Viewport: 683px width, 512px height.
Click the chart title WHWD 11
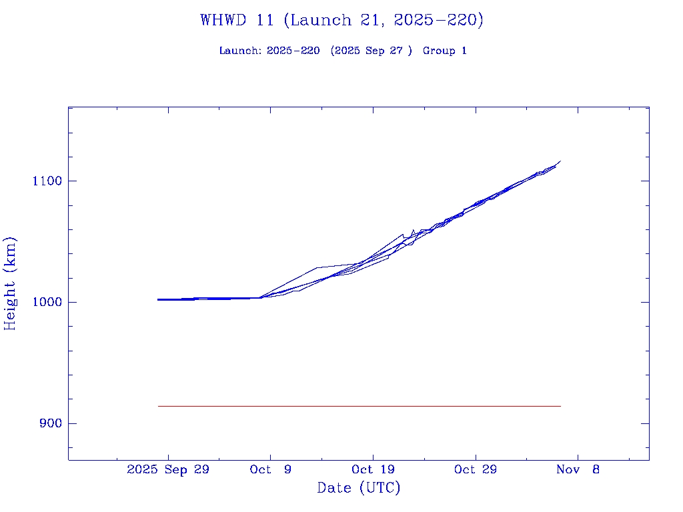tap(341, 20)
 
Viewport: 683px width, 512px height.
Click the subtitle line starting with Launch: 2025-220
tap(343, 51)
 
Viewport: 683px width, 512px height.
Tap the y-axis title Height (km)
tap(10, 283)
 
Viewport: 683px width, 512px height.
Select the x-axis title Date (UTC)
tap(359, 488)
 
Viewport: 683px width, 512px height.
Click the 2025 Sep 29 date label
tap(168, 469)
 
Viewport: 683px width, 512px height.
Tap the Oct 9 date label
tap(270, 469)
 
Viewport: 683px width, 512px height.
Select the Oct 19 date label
tap(372, 469)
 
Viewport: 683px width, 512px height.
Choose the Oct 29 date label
tap(475, 469)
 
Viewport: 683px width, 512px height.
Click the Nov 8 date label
tap(578, 469)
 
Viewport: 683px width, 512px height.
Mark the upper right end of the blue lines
tap(560, 161)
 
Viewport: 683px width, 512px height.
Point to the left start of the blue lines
tap(159, 300)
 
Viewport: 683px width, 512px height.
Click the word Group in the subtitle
tap(438, 51)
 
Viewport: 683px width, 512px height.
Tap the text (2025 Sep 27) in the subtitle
tap(371, 51)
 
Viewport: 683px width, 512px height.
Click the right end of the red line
tap(560, 406)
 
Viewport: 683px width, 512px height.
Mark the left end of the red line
tap(159, 406)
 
